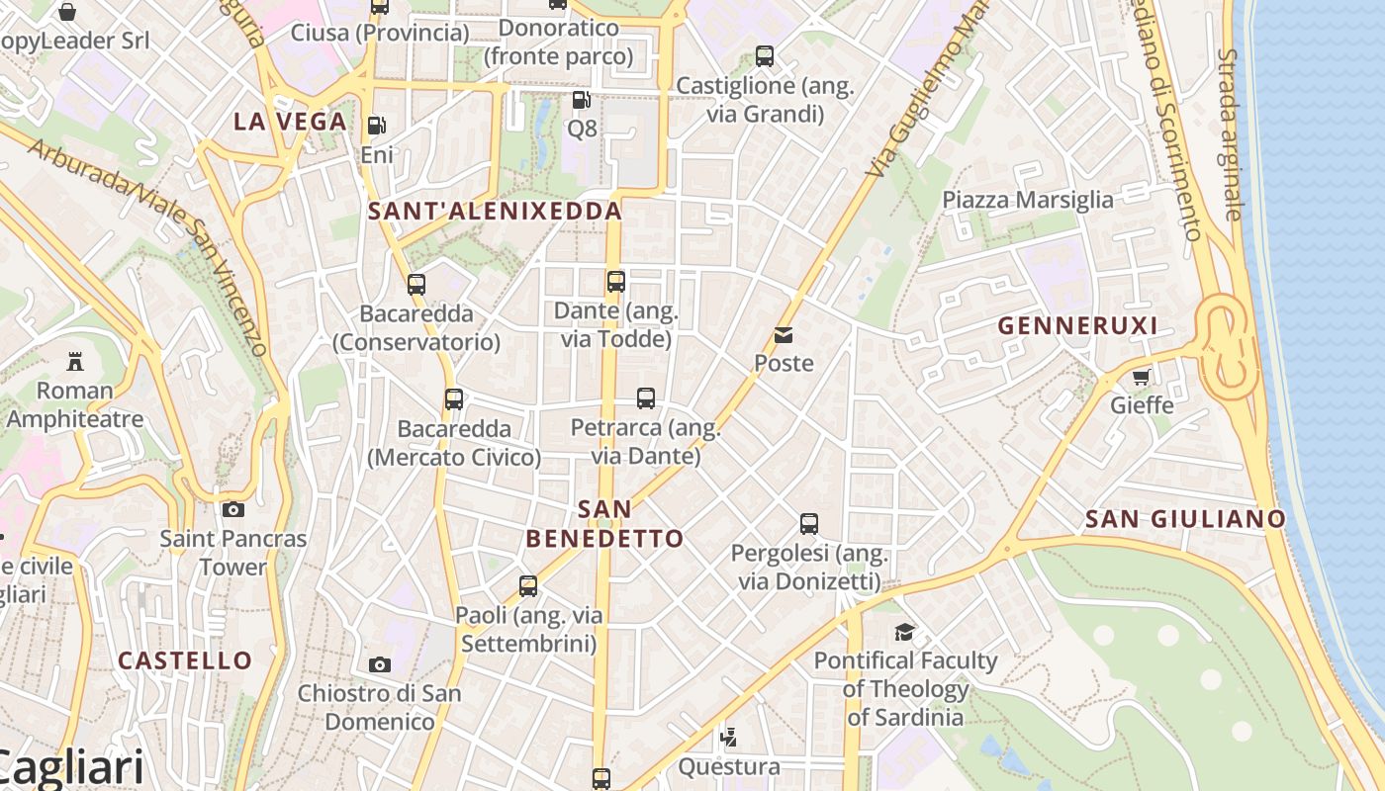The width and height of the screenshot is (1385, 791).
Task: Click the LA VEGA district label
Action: [x=290, y=122]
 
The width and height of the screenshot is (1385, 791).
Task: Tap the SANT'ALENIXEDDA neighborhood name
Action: [x=495, y=211]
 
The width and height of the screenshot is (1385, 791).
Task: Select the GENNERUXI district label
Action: [x=1077, y=325]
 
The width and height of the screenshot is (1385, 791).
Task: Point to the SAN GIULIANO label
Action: [x=1185, y=519]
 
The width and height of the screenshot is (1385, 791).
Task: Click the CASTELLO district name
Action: [x=185, y=660]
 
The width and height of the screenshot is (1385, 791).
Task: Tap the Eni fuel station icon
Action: [x=376, y=126]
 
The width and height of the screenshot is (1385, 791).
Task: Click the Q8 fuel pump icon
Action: [x=582, y=100]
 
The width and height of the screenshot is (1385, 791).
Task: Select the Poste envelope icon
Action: [x=784, y=335]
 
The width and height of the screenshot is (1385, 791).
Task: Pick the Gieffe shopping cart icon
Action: [x=1142, y=377]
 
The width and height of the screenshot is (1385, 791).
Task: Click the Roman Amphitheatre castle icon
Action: [x=74, y=362]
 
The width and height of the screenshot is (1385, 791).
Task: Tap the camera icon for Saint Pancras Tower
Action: [x=233, y=510]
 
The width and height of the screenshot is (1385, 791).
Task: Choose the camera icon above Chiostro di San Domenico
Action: [x=379, y=664]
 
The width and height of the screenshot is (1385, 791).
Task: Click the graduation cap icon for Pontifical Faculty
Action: [x=904, y=632]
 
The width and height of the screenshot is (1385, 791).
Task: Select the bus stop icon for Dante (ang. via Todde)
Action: [x=615, y=282]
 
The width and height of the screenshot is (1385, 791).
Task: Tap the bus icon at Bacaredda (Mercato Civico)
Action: [x=453, y=399]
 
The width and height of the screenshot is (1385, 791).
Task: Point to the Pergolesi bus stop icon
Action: [x=808, y=524]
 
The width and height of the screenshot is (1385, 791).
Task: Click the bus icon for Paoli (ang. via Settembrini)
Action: [x=528, y=586]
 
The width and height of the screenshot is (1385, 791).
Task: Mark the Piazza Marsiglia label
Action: [x=1027, y=200]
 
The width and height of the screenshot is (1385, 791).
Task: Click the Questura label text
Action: [x=728, y=766]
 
